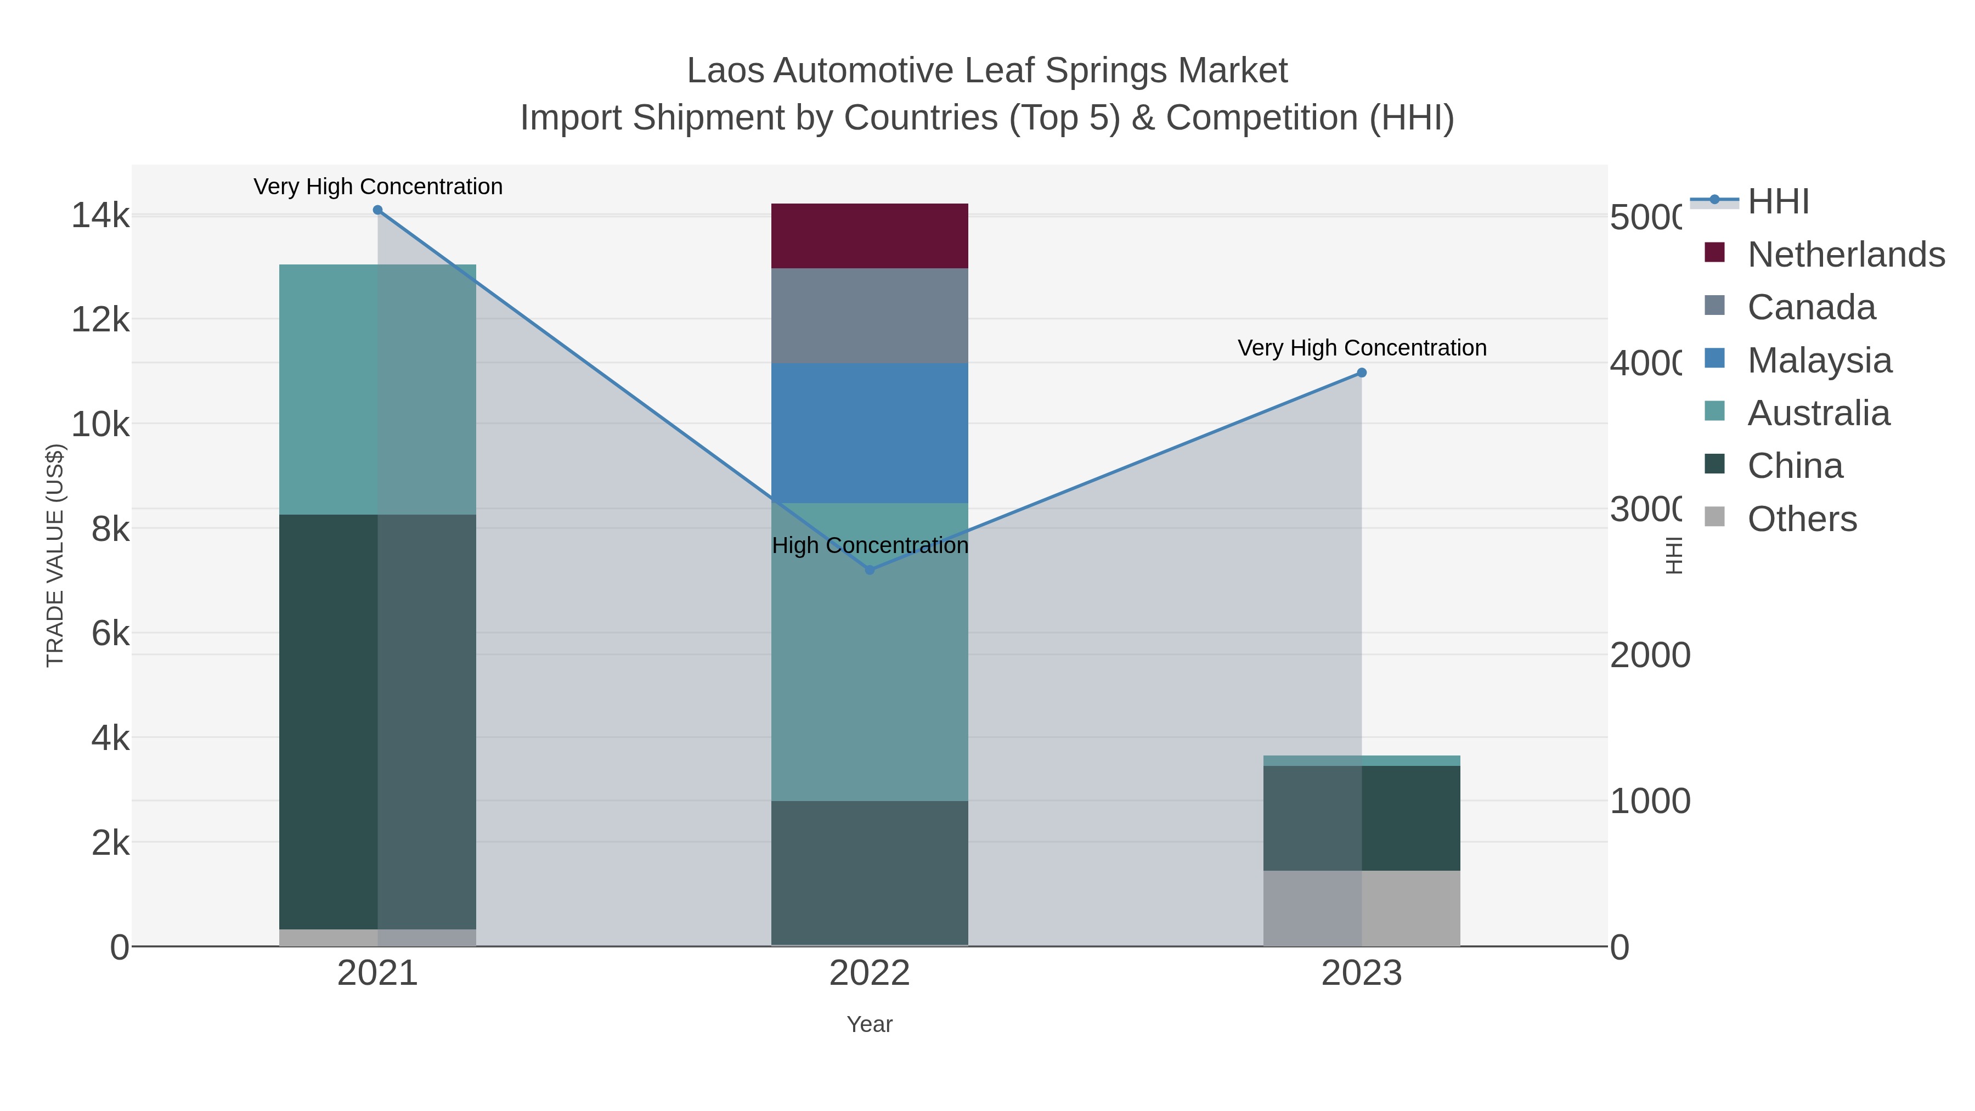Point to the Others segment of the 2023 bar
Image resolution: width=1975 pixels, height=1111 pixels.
click(1361, 908)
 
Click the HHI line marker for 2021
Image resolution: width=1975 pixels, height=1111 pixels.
click(377, 210)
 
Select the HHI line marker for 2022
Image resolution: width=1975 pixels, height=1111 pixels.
click(870, 569)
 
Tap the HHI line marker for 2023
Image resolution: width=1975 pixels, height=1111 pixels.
click(1362, 373)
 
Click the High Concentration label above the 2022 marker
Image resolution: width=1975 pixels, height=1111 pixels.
click(870, 545)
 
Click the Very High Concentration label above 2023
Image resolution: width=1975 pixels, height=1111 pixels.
click(1362, 347)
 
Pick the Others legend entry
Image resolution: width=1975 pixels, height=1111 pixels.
click(1802, 518)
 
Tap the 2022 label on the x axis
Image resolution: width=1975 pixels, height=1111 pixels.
click(870, 973)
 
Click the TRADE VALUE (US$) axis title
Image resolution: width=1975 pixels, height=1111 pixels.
click(55, 555)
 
